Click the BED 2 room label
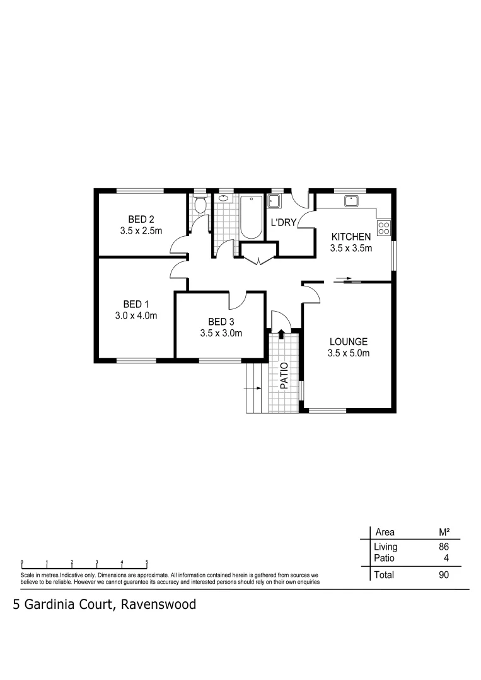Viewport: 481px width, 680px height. click(x=141, y=219)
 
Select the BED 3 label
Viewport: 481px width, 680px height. click(x=221, y=322)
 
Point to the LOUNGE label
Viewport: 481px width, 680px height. click(x=348, y=342)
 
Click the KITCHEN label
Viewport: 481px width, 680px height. click(x=351, y=237)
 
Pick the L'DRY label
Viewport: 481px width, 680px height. click(x=283, y=223)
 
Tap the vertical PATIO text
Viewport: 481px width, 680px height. click(x=284, y=375)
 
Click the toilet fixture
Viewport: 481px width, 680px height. click(x=200, y=205)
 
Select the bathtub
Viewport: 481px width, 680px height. click(x=251, y=217)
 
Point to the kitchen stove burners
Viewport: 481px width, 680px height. click(x=383, y=227)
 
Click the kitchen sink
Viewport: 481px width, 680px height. click(x=351, y=201)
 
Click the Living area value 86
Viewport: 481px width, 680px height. click(x=443, y=547)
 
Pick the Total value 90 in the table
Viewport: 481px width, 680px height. click(x=443, y=574)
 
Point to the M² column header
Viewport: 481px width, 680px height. click(x=443, y=531)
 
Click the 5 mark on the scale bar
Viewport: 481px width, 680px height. click(x=147, y=561)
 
